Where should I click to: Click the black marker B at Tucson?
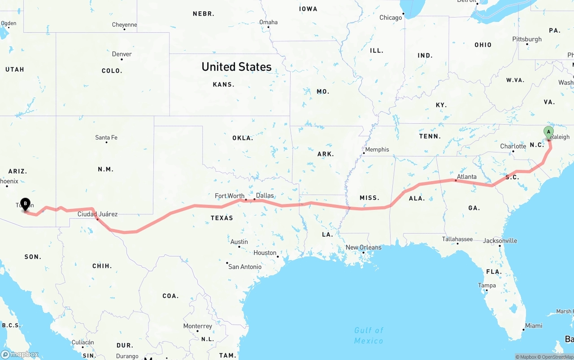pos(26,204)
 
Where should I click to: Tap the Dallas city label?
pos(265,195)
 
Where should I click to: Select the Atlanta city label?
pos(467,177)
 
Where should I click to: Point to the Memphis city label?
pos(377,149)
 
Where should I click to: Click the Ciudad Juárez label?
pos(97,214)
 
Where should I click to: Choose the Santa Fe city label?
pos(106,137)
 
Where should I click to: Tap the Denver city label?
pos(122,54)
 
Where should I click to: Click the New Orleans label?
pos(363,247)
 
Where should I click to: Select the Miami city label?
pos(534,325)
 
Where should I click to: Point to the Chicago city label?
pos(391,17)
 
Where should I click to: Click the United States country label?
pos(236,67)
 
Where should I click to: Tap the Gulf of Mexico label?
pos(369,335)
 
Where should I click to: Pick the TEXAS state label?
pos(222,218)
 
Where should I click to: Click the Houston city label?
pos(265,252)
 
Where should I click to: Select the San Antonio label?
pos(245,267)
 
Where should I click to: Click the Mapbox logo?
pos(20,354)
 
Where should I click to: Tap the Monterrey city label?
pos(197,326)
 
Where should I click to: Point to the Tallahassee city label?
pos(457,239)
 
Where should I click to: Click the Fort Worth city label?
pos(230,195)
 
